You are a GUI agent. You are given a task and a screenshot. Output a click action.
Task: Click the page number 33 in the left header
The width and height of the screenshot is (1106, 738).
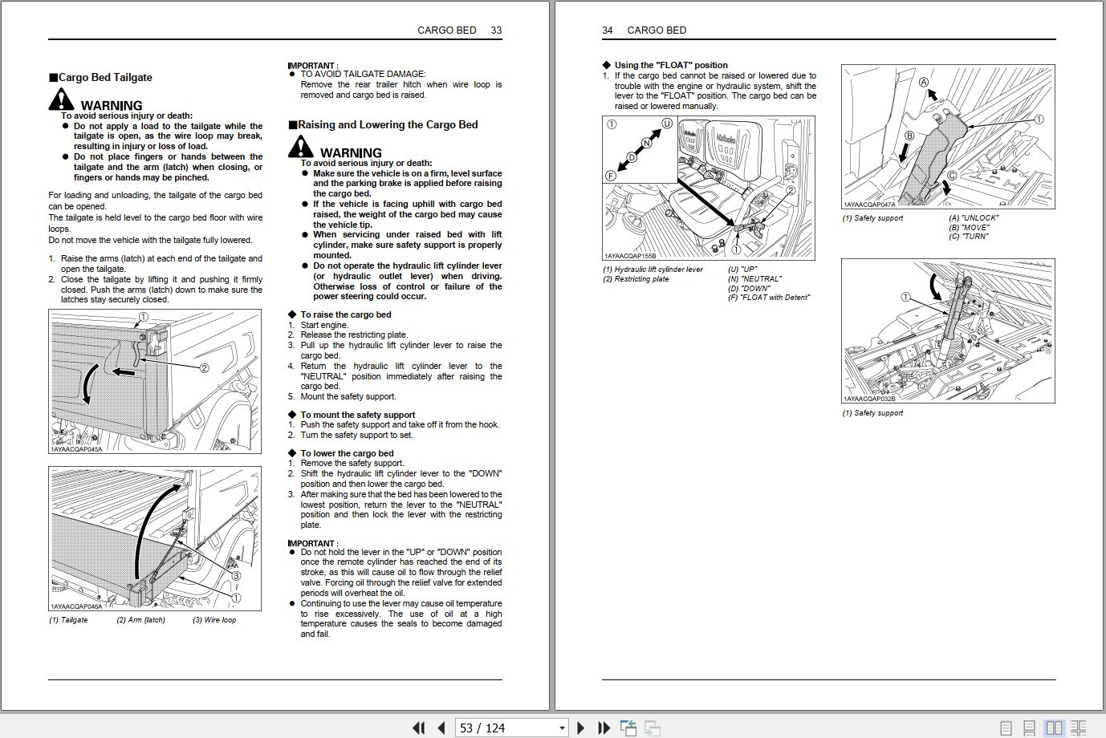coord(496,30)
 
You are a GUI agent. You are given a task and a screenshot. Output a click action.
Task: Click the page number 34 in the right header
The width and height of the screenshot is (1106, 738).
coord(608,30)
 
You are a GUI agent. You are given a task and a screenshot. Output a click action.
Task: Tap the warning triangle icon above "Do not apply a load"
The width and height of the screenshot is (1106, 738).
coord(61,100)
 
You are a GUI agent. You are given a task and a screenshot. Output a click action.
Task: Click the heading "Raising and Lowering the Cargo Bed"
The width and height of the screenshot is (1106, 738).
coord(388,125)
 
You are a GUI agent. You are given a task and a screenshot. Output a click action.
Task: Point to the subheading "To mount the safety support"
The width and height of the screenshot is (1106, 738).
coord(357,415)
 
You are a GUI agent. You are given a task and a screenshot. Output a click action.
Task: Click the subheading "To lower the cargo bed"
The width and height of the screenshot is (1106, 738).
coord(347,453)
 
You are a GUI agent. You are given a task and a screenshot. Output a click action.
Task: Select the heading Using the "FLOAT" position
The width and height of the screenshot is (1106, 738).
coord(671,65)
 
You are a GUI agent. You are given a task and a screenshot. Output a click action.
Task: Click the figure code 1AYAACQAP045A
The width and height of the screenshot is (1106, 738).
coord(76,449)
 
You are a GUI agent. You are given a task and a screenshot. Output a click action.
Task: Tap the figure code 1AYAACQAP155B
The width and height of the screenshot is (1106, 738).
coord(630,256)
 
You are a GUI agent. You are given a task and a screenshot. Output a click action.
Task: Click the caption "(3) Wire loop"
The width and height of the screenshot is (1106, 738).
coord(214,620)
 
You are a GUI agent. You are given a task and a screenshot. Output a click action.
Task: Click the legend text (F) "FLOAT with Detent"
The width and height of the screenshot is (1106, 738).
coord(769,298)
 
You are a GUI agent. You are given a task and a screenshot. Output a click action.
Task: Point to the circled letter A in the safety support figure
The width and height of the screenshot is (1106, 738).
coord(924,82)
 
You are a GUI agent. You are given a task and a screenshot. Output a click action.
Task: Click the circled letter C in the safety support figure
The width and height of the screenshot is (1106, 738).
coord(952,176)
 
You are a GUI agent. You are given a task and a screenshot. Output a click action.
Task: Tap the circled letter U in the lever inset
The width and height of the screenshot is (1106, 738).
coord(666,124)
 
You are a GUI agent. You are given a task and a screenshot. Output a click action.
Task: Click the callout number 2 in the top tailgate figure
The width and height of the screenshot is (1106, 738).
coord(204,368)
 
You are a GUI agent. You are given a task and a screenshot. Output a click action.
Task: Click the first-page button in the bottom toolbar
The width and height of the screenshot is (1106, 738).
coord(418,728)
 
